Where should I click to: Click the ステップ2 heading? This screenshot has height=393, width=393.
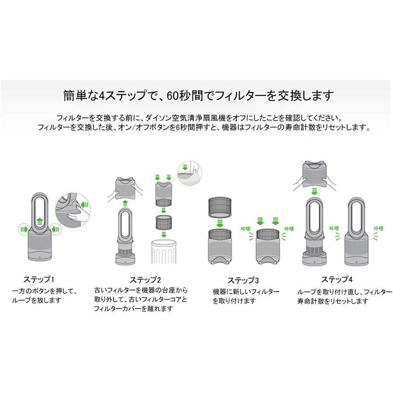[x=145, y=279]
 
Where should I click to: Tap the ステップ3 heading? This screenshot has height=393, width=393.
[x=243, y=280]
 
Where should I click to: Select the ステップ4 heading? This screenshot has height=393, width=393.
[x=336, y=279]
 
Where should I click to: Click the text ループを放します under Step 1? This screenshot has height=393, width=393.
[x=37, y=300]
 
